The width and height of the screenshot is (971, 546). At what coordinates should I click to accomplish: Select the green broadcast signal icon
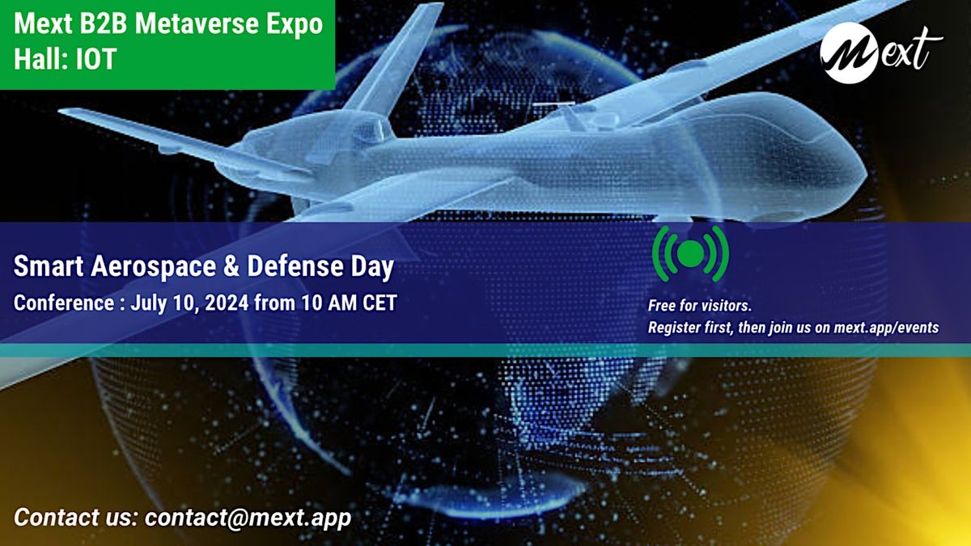tap(690, 253)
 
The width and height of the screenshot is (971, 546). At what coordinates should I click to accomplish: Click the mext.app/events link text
tap(886, 328)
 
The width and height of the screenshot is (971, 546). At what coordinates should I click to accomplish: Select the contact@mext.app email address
tap(248, 517)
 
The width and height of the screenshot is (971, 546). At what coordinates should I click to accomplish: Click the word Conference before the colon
tap(61, 303)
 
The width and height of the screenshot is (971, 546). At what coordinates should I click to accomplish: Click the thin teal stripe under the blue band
tap(485, 349)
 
